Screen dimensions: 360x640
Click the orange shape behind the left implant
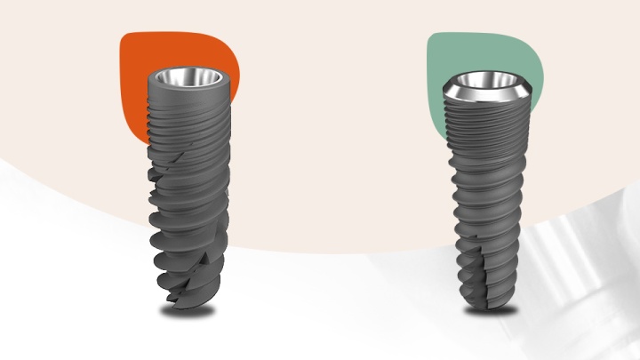pyautogui.click(x=133, y=89)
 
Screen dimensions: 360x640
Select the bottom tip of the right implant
pyautogui.click(x=489, y=302)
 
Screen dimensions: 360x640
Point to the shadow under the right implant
pyautogui.click(x=489, y=311)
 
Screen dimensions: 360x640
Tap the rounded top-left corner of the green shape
pyautogui.click(x=433, y=39)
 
